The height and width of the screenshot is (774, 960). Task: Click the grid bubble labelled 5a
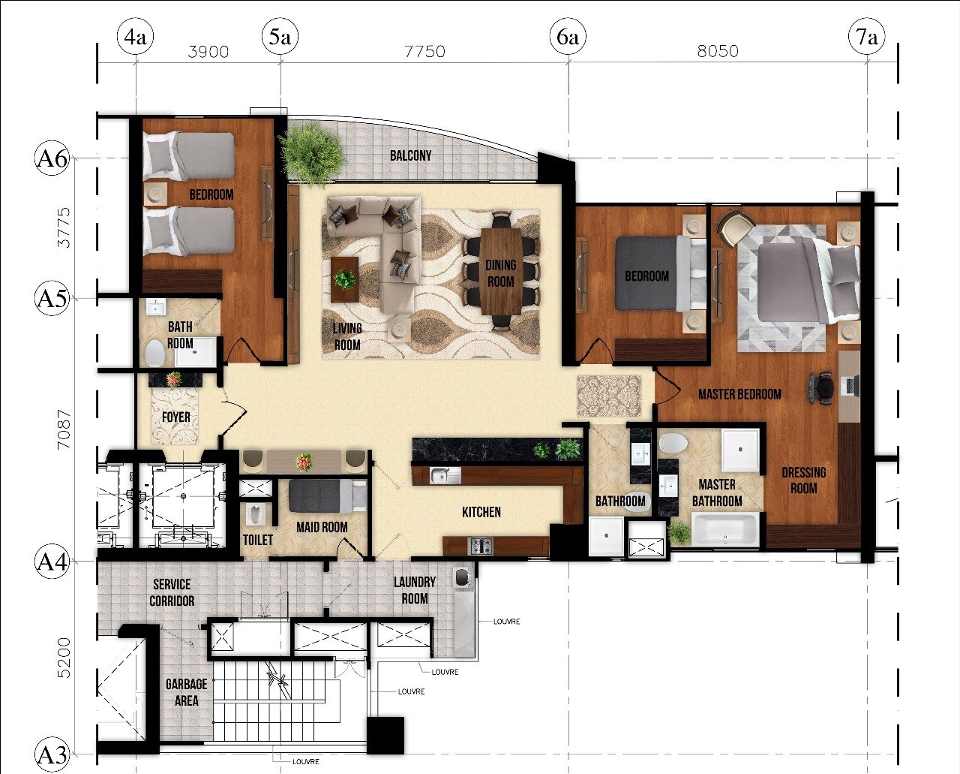(280, 37)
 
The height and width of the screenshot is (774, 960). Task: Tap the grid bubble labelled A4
(52, 562)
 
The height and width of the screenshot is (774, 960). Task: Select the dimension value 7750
(424, 51)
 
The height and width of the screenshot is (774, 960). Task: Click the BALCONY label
(410, 155)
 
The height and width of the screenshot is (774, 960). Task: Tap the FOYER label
(175, 417)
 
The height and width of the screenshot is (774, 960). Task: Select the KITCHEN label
(481, 512)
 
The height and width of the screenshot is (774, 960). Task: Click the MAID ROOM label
(322, 528)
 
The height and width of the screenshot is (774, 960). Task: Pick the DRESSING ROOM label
(803, 480)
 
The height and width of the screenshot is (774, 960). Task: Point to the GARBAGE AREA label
(187, 692)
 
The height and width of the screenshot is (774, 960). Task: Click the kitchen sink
(445, 475)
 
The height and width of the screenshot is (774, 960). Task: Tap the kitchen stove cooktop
(481, 546)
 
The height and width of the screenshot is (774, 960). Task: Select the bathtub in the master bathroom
(725, 529)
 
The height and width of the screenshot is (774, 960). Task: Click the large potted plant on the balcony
(312, 152)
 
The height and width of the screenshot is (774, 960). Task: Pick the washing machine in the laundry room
(463, 577)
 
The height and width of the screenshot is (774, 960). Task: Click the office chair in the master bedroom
(820, 388)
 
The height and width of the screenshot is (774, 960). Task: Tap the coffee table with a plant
(344, 280)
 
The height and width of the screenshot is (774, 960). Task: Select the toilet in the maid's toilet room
(255, 515)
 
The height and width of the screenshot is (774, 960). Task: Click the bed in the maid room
(328, 495)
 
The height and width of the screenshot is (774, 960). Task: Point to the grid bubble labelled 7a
(867, 37)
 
